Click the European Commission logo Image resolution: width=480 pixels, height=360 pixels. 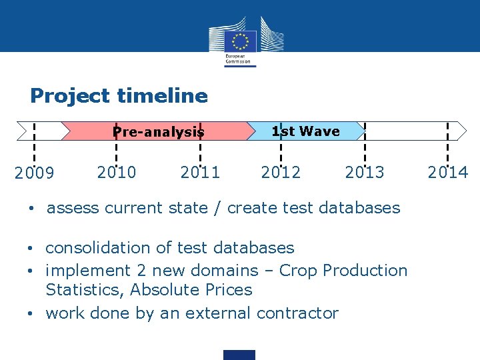[x=241, y=41]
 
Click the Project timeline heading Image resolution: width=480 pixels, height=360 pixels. [x=119, y=96]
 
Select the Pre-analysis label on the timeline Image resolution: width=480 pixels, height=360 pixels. [x=158, y=132]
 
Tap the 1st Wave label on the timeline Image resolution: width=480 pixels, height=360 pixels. [x=305, y=131]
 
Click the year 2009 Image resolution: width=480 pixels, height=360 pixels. [x=34, y=174]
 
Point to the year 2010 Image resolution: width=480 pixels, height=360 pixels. [x=117, y=173]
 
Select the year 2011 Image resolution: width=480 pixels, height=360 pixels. [x=200, y=173]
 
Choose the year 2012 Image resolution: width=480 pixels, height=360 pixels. [x=281, y=173]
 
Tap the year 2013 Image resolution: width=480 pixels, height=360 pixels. [x=365, y=173]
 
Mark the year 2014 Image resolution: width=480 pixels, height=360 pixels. [x=448, y=173]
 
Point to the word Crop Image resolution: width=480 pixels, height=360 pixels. [x=298, y=271]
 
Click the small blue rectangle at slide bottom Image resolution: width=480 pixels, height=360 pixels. [x=239, y=355]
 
